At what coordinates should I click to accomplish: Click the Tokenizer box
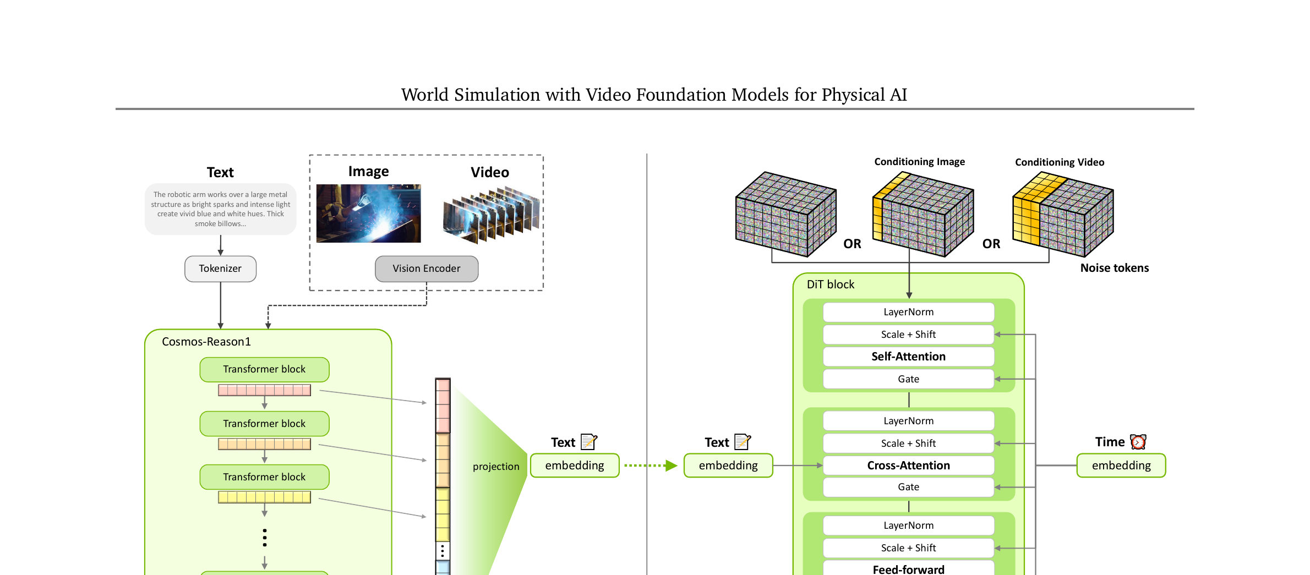(220, 269)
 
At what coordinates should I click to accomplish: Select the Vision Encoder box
(427, 269)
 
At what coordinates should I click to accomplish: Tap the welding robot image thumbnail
(368, 213)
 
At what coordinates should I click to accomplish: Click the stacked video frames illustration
(492, 215)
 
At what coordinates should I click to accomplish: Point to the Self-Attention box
(909, 357)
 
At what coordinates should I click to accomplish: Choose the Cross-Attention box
(909, 466)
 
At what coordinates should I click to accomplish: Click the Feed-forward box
(909, 568)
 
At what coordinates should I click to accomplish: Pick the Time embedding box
(1121, 466)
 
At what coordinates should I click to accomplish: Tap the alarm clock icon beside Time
(1138, 442)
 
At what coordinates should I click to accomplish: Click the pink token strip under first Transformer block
(264, 390)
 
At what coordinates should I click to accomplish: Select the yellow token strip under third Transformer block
(264, 497)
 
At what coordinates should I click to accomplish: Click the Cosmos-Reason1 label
(206, 342)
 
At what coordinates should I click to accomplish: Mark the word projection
(496, 467)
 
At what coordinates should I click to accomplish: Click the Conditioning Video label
(1060, 162)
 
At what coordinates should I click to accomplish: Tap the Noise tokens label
(1115, 268)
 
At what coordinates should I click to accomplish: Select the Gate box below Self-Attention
(909, 379)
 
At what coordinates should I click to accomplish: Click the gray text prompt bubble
(220, 209)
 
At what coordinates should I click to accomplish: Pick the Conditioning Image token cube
(923, 214)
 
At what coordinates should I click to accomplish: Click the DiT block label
(831, 284)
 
